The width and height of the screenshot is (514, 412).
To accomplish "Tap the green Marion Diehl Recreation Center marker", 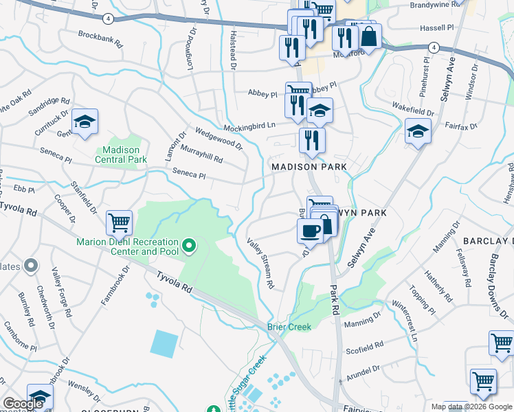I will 188,244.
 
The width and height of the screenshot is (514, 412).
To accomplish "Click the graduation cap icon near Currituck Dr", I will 85,122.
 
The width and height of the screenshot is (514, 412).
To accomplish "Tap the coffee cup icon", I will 310,231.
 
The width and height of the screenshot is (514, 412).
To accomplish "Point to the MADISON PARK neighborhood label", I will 308,167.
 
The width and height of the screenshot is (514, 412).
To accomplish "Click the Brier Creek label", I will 289,327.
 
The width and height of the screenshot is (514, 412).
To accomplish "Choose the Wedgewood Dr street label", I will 219,138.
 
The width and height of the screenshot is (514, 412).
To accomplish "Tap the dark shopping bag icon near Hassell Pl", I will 369,38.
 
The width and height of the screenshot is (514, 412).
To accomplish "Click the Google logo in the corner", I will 23,404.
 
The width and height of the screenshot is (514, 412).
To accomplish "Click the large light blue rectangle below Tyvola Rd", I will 163,343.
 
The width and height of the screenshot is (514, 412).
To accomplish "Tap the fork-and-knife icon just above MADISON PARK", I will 312,140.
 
